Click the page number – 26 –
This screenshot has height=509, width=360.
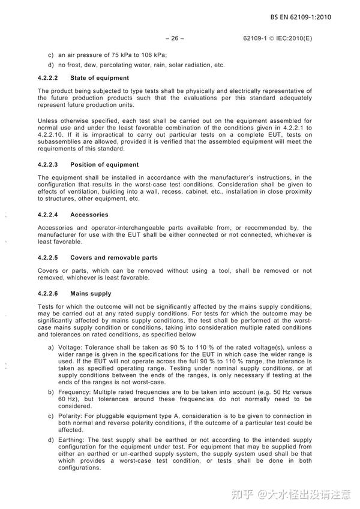click(x=174, y=38)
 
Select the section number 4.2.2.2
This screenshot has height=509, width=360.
click(x=47, y=78)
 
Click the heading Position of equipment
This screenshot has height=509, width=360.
click(x=104, y=164)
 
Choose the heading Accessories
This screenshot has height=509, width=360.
click(x=89, y=215)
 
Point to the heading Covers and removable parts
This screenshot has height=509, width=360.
click(x=114, y=258)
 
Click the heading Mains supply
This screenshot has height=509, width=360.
click(x=91, y=294)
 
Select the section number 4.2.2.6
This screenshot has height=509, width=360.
click(x=47, y=294)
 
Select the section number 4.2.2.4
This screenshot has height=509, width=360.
click(x=47, y=215)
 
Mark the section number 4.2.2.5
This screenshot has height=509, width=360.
click(x=47, y=258)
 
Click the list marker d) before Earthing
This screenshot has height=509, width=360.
click(x=51, y=439)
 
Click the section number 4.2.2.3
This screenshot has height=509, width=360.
click(x=47, y=164)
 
